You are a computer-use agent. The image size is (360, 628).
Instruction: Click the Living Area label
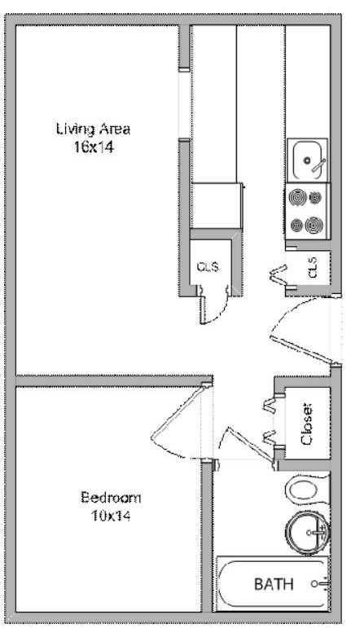click(93, 129)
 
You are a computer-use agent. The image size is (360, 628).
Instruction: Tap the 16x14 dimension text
click(93, 148)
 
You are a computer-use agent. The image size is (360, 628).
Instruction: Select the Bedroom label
click(111, 498)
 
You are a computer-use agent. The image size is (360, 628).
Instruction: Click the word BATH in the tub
click(272, 584)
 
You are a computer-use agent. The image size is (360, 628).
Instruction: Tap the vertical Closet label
click(307, 424)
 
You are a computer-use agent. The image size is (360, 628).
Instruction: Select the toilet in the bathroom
click(305, 490)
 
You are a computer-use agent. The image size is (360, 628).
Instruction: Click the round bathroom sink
click(308, 532)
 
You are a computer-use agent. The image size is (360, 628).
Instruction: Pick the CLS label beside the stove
click(311, 267)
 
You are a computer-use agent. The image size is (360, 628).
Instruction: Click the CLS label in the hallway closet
click(207, 266)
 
